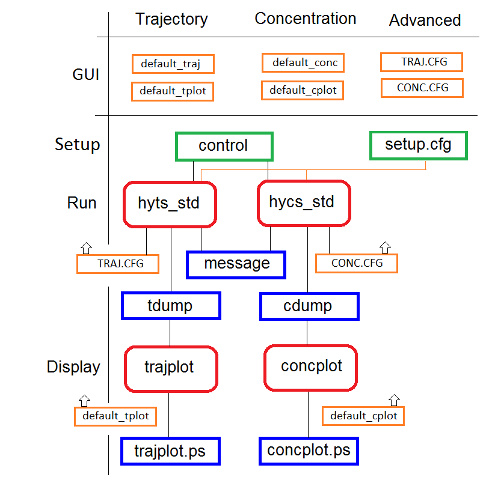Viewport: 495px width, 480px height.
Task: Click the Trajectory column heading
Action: point(171,20)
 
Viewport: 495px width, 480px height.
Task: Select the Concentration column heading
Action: point(306,19)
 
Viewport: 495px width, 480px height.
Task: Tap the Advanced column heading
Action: point(425,20)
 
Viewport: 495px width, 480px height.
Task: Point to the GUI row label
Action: point(85,74)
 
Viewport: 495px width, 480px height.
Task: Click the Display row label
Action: point(73,367)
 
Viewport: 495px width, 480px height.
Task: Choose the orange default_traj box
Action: point(173,64)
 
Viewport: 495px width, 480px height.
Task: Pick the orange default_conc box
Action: point(303,62)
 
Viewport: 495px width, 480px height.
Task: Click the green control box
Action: point(224,147)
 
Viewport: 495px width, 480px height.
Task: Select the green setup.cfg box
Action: point(418,146)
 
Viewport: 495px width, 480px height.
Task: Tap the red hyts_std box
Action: point(170,204)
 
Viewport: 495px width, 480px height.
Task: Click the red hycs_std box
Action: point(304,204)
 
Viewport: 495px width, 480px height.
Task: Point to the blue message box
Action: point(236,265)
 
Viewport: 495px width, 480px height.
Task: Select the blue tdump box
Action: point(171,306)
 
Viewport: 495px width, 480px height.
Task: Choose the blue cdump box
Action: point(309,306)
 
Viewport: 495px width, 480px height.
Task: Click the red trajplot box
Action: point(171,369)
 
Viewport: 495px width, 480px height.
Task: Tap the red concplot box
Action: point(310,368)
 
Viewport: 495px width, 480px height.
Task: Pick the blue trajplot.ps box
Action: point(170,451)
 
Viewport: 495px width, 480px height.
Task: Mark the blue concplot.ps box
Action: point(309,451)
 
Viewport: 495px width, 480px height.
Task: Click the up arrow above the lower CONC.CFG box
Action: point(385,248)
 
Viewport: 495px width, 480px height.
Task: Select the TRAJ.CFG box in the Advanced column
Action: point(422,62)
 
